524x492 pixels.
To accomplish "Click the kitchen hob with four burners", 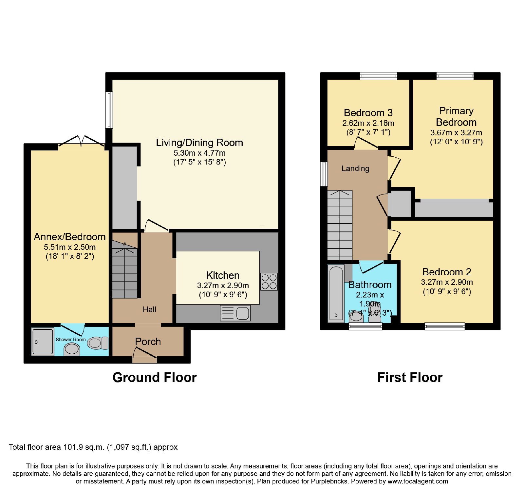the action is pos(269,282).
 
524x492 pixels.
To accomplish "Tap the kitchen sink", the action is pos(235,313).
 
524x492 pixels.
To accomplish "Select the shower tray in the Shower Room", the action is pos(43,341).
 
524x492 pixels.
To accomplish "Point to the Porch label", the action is pos(148,342).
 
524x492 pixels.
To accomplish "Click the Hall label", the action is pos(149,309).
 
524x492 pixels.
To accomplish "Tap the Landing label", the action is pos(355,168).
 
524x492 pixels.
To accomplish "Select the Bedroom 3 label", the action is pos(368,113).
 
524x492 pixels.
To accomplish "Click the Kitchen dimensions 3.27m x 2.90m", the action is pos(223,285).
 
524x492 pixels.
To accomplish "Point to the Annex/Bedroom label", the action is pos(70,237).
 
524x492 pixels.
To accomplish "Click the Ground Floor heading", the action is pos(155,378).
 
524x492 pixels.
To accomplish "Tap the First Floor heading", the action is pos(410,378).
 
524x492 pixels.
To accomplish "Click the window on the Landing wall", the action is pos(324,174).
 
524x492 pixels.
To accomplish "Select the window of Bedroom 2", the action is pos(445,326).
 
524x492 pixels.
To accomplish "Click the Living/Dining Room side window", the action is pos(109,110).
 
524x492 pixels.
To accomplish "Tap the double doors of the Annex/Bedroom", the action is pos(82,141).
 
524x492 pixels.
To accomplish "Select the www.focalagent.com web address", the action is pos(418,481).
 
